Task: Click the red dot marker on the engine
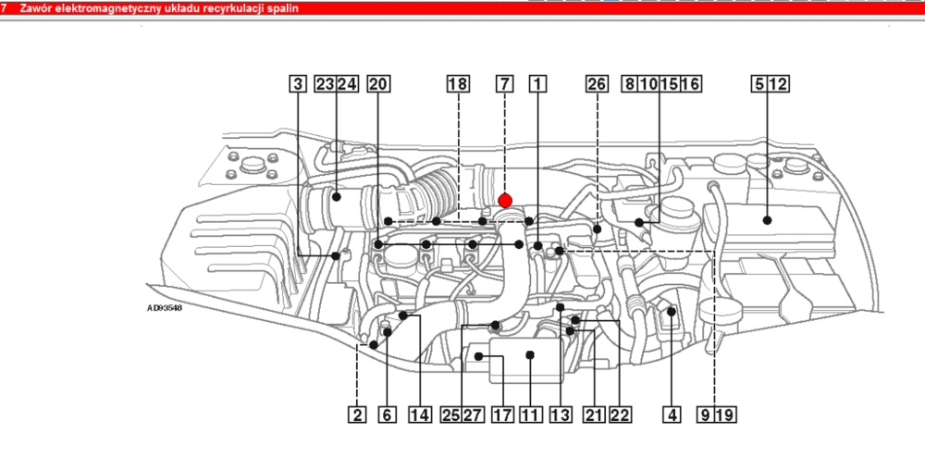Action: click(x=505, y=201)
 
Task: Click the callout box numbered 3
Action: click(x=298, y=84)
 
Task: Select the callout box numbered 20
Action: click(x=378, y=84)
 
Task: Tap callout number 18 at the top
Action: click(x=458, y=84)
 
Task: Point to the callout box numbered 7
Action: click(x=504, y=84)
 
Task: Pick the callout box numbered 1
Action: click(x=537, y=84)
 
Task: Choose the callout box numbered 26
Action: click(x=597, y=84)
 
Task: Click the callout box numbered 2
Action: click(x=356, y=415)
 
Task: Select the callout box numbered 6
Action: click(x=387, y=415)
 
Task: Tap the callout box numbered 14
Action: click(x=420, y=415)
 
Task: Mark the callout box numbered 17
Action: click(x=502, y=415)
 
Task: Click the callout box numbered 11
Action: click(x=531, y=415)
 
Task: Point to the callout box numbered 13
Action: click(x=560, y=415)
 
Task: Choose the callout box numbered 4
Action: click(x=672, y=415)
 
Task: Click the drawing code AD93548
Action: click(x=165, y=307)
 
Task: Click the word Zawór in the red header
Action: click(x=33, y=9)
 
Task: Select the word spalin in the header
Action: click(x=283, y=9)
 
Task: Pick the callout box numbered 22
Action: click(x=620, y=415)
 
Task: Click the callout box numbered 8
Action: click(x=630, y=84)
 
